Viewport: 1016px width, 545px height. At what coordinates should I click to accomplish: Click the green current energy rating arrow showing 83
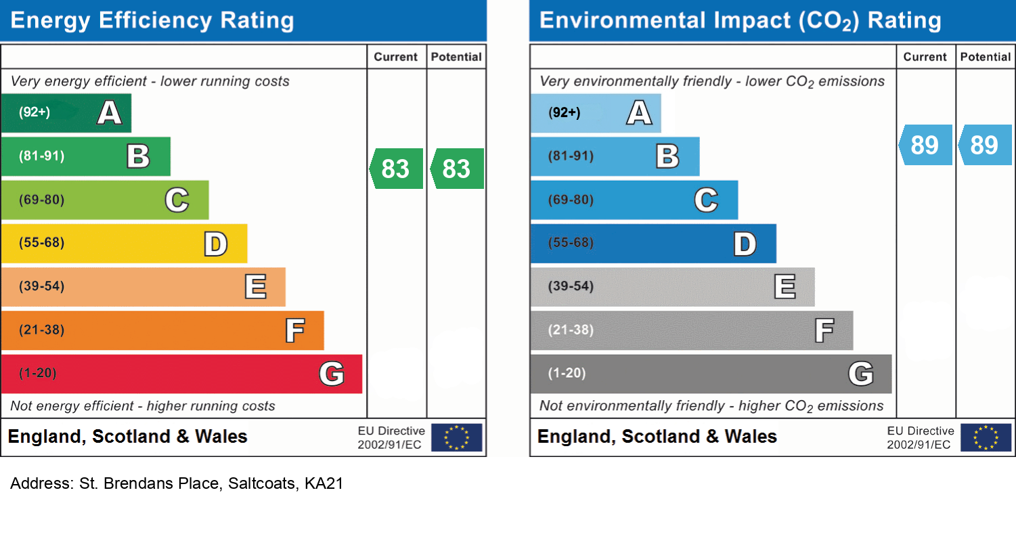396,169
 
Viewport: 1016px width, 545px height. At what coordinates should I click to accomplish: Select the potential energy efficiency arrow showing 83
457,169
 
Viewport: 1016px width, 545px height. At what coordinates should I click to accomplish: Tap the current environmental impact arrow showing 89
925,145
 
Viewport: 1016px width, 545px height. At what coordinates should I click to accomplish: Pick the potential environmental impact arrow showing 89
985,145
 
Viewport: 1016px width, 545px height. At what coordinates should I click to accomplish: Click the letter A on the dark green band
110,113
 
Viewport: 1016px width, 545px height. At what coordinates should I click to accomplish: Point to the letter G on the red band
331,373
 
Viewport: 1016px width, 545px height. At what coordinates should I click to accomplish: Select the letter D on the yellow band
216,244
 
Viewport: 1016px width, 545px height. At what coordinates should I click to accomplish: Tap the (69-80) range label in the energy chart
42,200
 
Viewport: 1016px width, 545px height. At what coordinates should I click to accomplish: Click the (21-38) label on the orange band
42,330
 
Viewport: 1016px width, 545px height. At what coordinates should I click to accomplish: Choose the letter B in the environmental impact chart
667,156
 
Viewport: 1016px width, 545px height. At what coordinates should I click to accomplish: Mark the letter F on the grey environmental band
824,330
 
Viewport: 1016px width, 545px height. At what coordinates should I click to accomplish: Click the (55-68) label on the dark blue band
571,243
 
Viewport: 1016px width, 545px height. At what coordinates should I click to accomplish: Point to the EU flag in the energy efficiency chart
457,437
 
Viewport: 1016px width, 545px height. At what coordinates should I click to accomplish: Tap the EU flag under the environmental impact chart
986,437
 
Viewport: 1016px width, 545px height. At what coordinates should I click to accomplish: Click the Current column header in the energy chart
396,58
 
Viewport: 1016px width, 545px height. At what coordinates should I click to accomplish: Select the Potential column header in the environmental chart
986,58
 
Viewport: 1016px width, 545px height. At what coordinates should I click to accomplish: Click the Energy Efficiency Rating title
152,20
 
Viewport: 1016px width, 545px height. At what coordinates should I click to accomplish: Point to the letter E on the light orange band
255,287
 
